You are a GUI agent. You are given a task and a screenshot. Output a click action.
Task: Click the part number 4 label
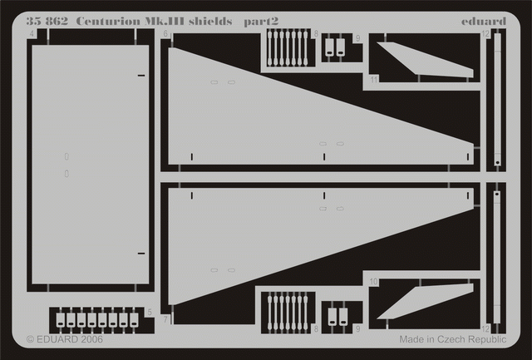[x=31, y=34]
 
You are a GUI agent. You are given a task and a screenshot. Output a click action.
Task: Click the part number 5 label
[x=149, y=313]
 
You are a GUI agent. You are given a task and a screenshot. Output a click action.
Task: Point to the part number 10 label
[x=374, y=283]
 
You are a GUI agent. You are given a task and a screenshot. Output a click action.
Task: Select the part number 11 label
[x=374, y=81]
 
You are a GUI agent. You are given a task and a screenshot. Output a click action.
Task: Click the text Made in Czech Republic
[x=452, y=340]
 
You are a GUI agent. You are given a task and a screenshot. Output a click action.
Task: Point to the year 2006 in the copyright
[x=91, y=340]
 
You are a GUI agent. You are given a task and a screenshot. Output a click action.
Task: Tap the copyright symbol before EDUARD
[x=31, y=340]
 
